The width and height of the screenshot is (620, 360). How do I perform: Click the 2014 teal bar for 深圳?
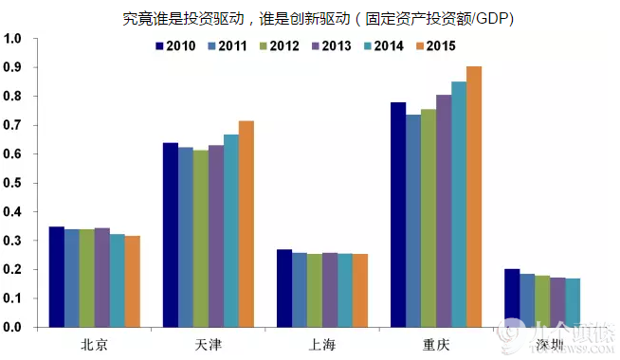coord(573,302)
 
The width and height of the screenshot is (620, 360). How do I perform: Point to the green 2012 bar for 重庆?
coord(429,218)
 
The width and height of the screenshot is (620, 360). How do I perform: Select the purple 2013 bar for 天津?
coord(216,236)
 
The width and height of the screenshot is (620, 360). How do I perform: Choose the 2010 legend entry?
coord(176,46)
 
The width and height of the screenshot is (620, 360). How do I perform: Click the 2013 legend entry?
coord(332,46)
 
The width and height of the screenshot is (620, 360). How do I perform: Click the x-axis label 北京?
coord(95,344)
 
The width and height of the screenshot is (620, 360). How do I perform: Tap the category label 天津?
coord(209,344)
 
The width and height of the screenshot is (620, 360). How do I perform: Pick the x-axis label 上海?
coord(322,344)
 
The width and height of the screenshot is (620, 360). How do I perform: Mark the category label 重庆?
coord(436,344)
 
